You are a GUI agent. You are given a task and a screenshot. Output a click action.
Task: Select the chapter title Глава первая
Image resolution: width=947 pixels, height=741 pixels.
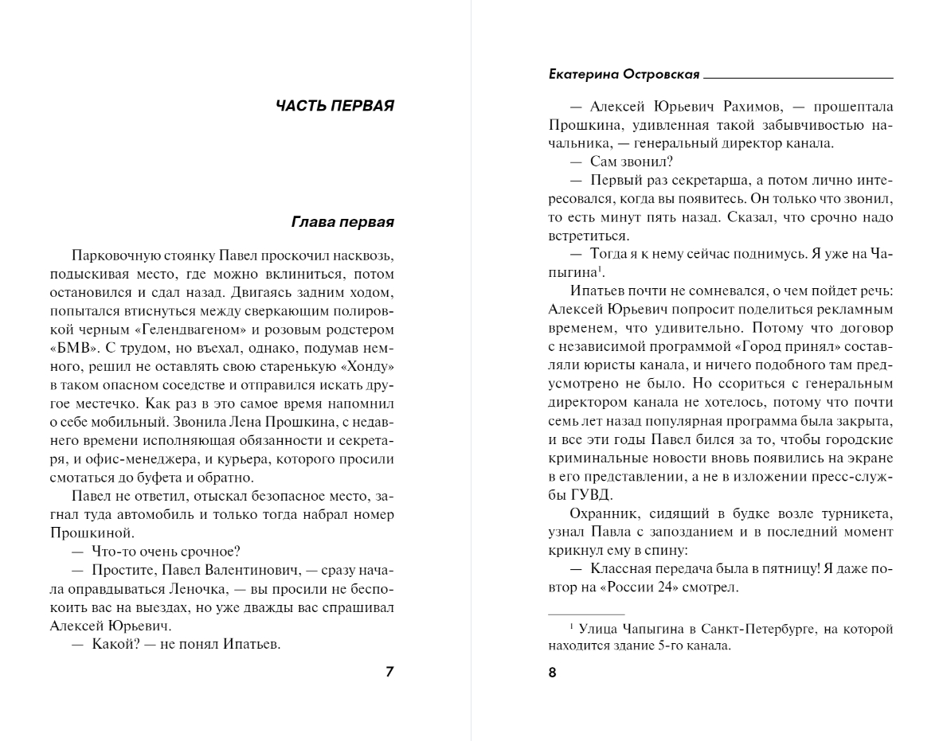tap(343, 221)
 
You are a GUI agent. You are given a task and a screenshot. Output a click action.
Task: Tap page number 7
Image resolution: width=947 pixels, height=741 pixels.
tap(389, 671)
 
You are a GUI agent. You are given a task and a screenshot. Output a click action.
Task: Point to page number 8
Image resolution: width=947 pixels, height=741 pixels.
tap(552, 673)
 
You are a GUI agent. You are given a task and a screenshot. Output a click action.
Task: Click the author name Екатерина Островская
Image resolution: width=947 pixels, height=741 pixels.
tap(624, 74)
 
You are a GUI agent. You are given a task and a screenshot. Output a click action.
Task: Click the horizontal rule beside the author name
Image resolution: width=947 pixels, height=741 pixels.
tap(799, 78)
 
